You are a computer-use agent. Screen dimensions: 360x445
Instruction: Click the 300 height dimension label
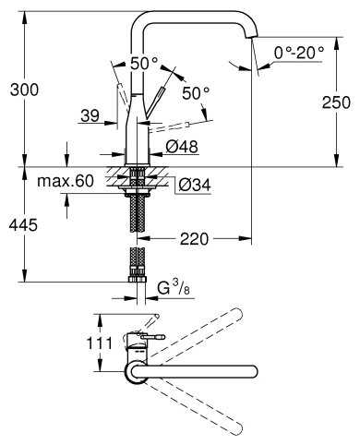[x=25, y=90]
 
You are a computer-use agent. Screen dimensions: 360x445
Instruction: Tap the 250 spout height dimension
[x=336, y=102]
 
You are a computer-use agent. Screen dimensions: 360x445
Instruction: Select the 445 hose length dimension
[x=23, y=225]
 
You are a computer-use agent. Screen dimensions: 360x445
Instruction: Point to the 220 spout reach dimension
[x=194, y=238]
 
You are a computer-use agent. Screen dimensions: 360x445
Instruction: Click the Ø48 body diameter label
[x=182, y=147]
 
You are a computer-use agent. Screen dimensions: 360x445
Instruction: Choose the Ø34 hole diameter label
[x=195, y=186]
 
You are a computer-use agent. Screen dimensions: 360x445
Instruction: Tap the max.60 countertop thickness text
[x=66, y=181]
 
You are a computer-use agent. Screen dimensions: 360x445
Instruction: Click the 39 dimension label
[x=90, y=116]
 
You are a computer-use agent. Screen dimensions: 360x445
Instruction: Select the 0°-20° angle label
[x=299, y=53]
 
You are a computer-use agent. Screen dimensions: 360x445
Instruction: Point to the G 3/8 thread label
[x=174, y=288]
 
